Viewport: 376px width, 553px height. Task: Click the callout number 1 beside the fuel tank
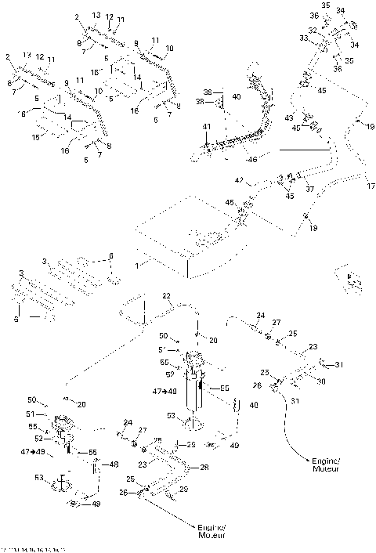(136, 266)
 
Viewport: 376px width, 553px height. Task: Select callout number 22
(166, 295)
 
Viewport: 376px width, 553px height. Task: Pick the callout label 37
(309, 189)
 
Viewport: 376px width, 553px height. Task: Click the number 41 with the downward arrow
(207, 127)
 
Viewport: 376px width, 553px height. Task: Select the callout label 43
(288, 117)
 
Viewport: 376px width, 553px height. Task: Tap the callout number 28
(205, 468)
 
